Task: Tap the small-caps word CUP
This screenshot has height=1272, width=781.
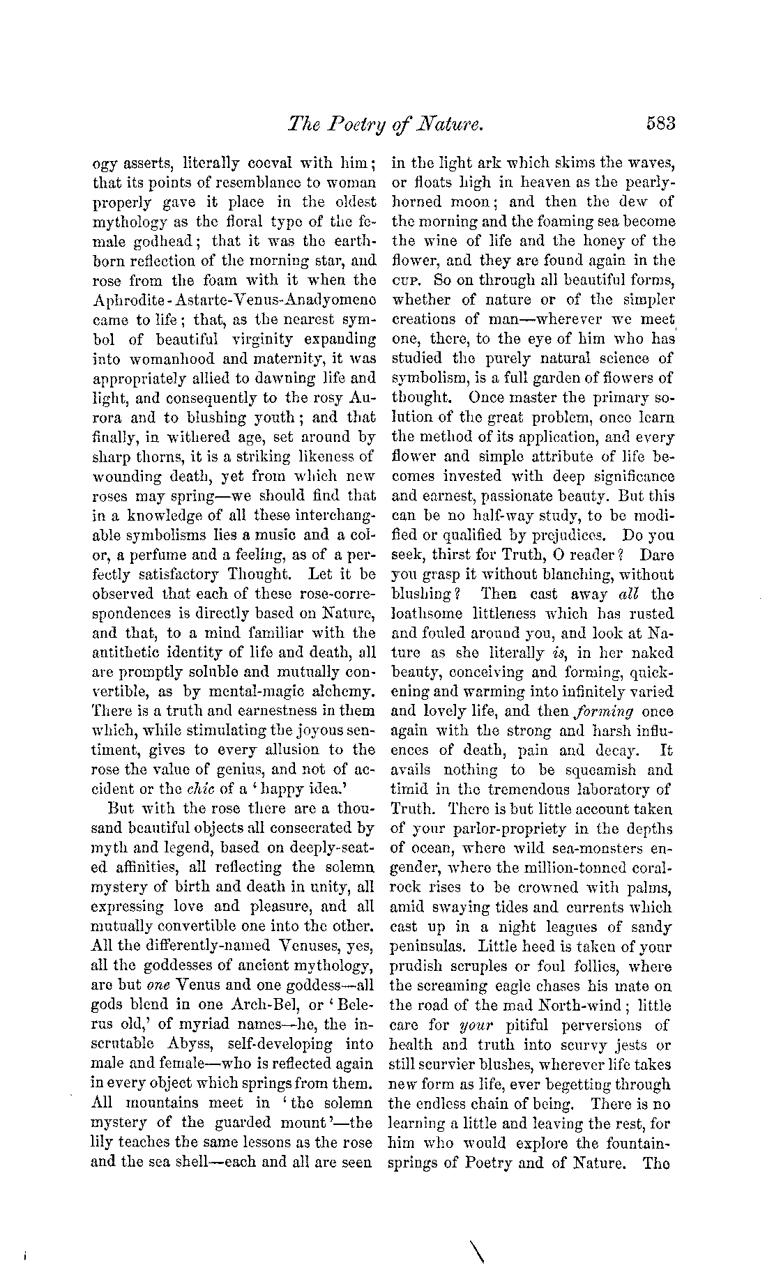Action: coord(407,282)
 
